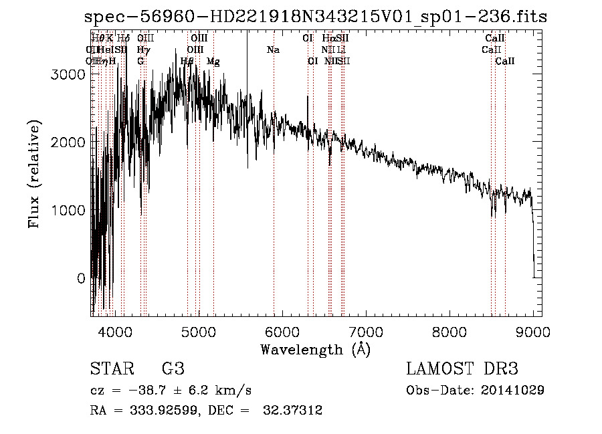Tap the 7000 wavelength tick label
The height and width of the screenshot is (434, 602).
(365, 331)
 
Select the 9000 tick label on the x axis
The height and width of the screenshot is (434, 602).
(532, 331)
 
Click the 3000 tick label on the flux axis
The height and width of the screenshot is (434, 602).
(68, 75)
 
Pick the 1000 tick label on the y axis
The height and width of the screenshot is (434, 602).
(68, 210)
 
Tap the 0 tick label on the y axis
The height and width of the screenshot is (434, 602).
(80, 278)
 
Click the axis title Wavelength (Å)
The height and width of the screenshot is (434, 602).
(315, 349)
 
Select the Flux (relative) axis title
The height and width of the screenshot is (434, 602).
(35, 174)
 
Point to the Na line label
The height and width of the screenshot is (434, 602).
(273, 50)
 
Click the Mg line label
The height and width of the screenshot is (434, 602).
(213, 62)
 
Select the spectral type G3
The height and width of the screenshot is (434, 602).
(173, 369)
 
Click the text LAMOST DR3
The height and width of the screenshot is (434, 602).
(462, 369)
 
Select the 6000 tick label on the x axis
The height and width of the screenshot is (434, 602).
(282, 331)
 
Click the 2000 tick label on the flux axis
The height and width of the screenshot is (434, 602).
(68, 142)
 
